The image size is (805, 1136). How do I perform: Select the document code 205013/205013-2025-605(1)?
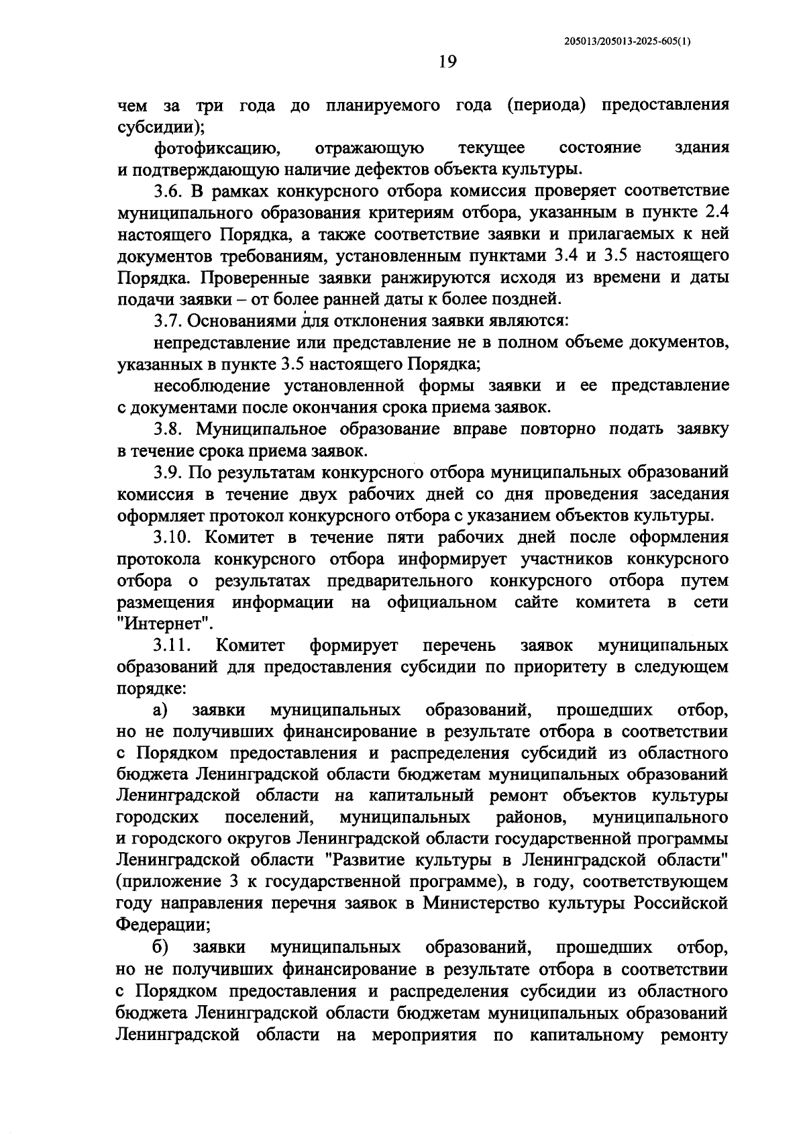pyautogui.click(x=628, y=41)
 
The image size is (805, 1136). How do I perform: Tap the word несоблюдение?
pyautogui.click(x=211, y=386)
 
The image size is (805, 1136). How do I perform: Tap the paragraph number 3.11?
pyautogui.click(x=172, y=646)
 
